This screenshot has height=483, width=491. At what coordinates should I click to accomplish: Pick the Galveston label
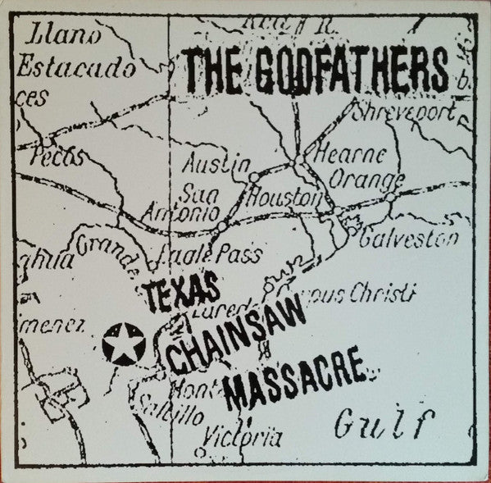(x=407, y=240)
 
